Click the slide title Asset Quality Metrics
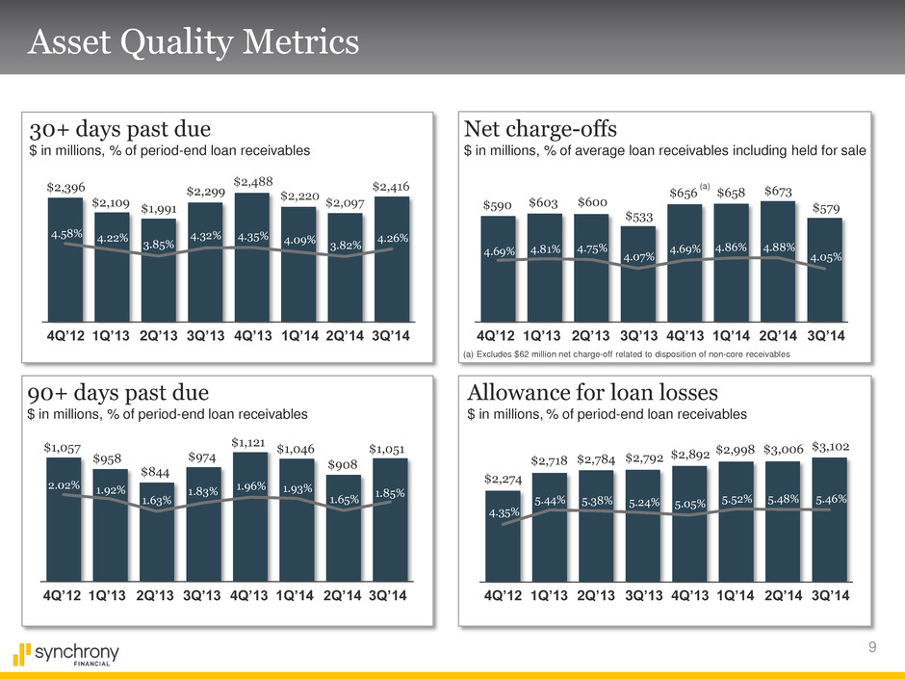click(195, 43)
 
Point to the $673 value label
click(777, 192)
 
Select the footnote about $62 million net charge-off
click(627, 355)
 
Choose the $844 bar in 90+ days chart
click(158, 539)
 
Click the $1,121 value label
click(251, 443)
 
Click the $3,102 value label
click(830, 447)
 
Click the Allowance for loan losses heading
click(590, 393)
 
